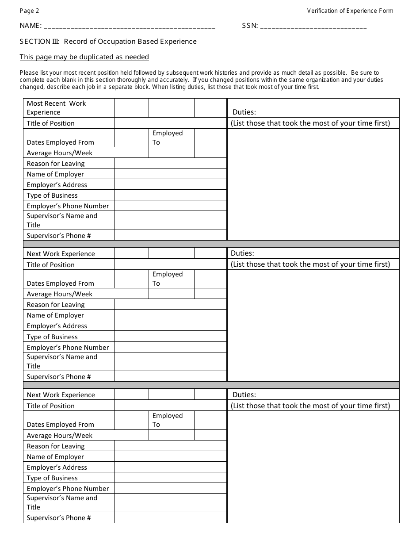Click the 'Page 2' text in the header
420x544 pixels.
(29, 11)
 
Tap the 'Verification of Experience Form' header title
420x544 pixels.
(350, 11)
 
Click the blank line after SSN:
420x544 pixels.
(313, 27)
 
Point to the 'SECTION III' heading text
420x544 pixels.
(108, 42)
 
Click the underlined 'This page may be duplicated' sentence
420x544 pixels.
(84, 57)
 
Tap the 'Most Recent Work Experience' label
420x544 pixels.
(56, 108)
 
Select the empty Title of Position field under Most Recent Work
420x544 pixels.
(170, 123)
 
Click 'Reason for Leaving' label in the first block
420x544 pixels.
(55, 164)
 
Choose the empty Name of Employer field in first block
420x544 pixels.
(170, 174)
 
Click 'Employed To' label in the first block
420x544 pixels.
(167, 138)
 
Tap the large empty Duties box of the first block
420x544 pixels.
(313, 184)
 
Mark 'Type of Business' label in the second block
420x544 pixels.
(52, 337)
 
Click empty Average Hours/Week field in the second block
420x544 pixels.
(171, 294)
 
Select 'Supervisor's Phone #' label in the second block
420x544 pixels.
(58, 377)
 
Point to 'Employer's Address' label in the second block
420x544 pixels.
(57, 326)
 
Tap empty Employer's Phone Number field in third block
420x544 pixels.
(170, 489)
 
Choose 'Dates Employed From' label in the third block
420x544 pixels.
(60, 425)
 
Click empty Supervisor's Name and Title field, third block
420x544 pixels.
(170, 503)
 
